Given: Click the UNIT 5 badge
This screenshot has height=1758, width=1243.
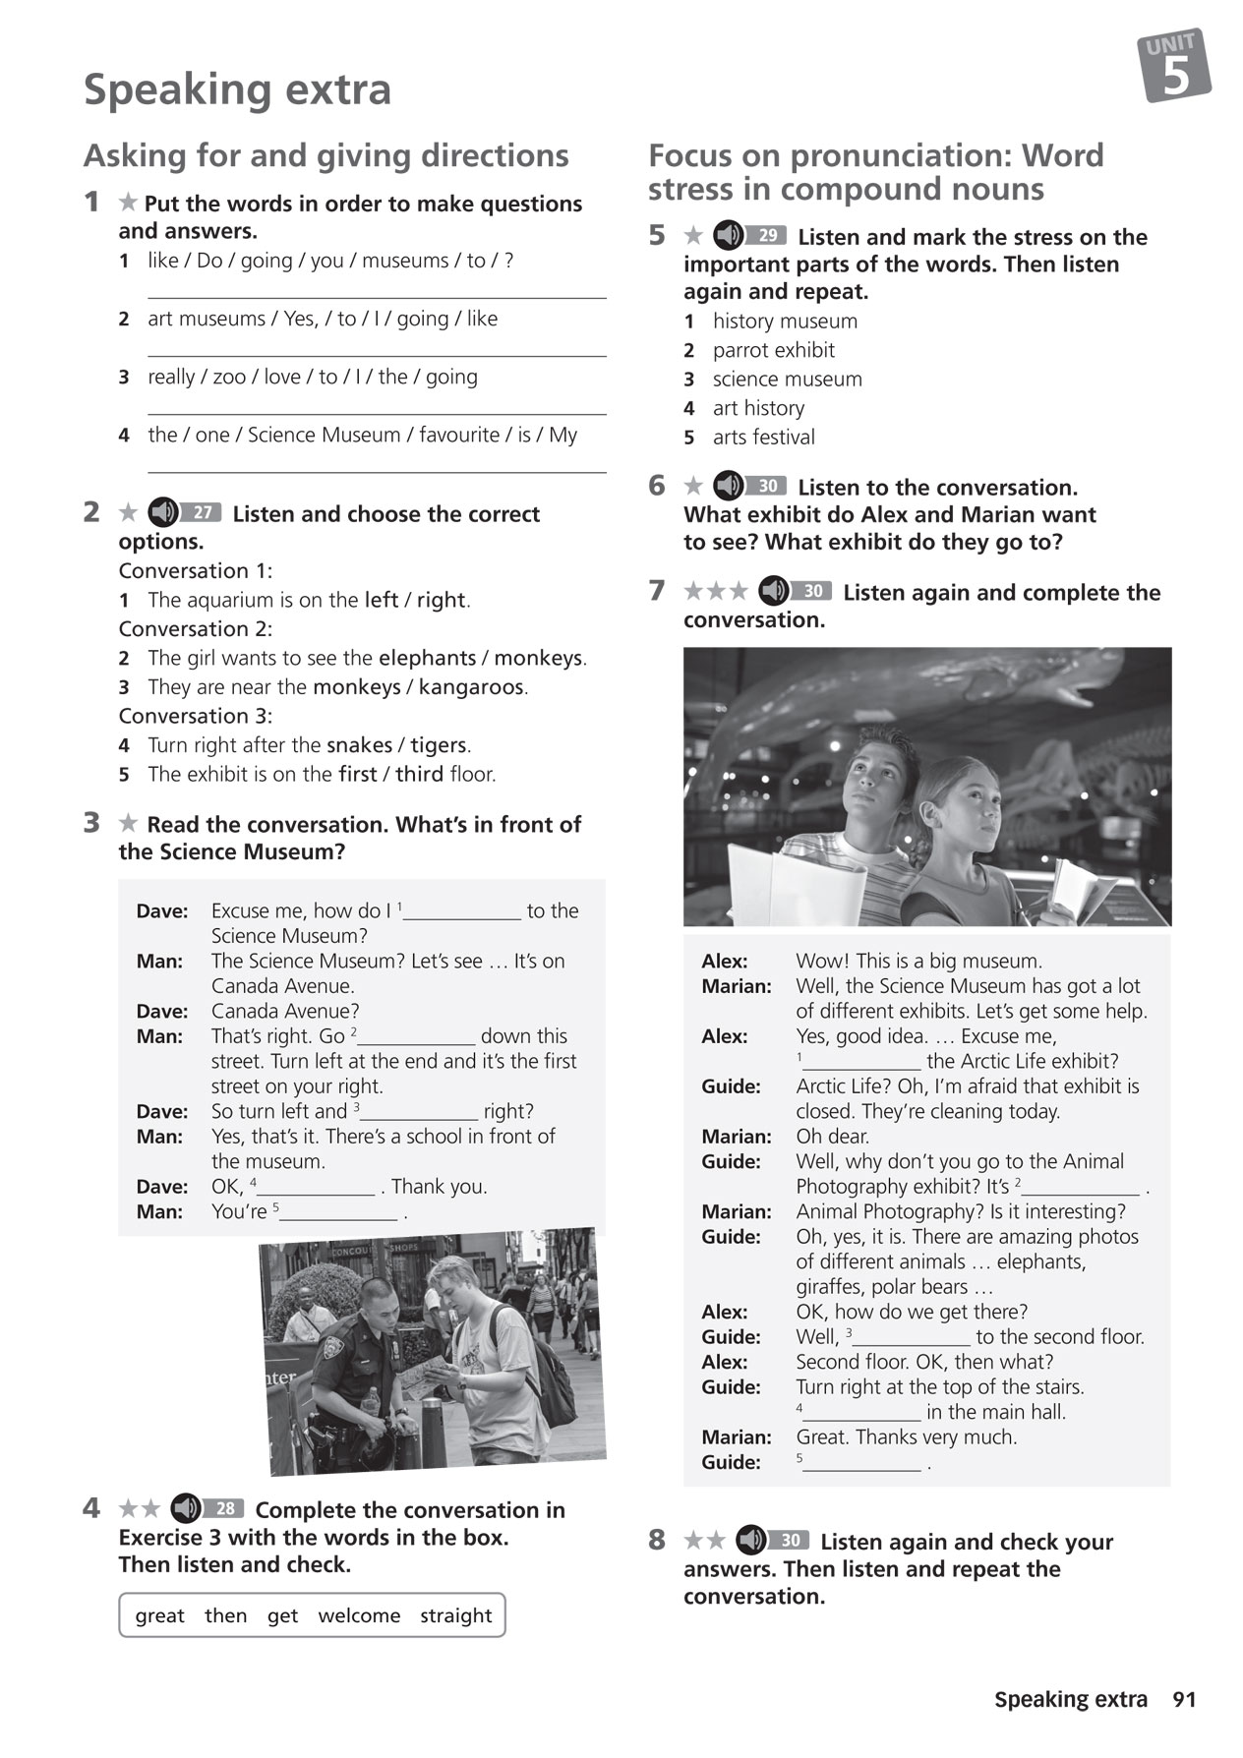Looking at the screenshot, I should point(1174,66).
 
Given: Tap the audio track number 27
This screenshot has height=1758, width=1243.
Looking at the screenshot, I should point(204,512).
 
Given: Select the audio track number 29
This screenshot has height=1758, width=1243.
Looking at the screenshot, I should point(768,236).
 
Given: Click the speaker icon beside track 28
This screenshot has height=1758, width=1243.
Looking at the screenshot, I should point(185,1508).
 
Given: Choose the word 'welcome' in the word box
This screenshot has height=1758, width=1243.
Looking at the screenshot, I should point(359,1615).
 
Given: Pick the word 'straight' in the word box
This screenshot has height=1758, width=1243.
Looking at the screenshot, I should point(455,1615).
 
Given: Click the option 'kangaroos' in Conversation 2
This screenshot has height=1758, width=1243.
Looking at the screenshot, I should point(471,686).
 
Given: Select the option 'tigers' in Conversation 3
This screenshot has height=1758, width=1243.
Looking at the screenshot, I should point(439,744).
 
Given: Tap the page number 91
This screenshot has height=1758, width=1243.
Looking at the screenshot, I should point(1184,1699).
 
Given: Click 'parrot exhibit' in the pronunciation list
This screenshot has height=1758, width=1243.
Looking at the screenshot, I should point(773,350).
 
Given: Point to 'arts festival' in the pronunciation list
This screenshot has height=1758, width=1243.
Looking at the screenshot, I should point(763,437).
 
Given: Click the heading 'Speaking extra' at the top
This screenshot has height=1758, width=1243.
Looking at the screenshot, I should point(237,89).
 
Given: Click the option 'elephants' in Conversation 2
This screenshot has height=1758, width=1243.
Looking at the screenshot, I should point(427,657).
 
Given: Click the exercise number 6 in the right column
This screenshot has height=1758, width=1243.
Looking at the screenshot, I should point(657,486).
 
